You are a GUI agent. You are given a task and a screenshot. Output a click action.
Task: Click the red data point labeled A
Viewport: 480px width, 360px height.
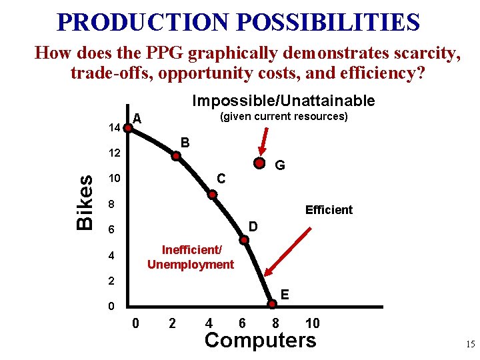tap(127, 126)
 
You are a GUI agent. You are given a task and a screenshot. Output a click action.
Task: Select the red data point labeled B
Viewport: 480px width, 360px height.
tap(177, 157)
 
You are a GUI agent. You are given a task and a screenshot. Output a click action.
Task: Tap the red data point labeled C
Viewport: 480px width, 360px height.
tap(212, 195)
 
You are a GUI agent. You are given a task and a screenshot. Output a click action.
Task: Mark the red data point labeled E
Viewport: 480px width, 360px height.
tap(273, 305)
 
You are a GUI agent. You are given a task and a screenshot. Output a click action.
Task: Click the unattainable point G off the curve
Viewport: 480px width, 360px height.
tap(259, 163)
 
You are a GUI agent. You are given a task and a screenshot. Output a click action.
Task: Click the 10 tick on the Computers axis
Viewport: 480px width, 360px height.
tap(312, 324)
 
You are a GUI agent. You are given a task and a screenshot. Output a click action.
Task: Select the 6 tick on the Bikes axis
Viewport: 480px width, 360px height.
tap(113, 229)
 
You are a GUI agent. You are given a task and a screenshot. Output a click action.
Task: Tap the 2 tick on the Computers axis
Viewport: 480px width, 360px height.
tap(173, 324)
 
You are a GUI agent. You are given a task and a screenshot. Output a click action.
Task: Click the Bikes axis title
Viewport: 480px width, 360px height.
tap(85, 203)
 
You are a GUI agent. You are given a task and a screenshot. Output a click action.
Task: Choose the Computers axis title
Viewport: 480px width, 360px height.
tap(260, 341)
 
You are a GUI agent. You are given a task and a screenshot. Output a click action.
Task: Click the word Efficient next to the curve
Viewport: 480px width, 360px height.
tap(329, 210)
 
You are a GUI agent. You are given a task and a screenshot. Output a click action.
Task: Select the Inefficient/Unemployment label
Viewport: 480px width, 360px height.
tap(191, 257)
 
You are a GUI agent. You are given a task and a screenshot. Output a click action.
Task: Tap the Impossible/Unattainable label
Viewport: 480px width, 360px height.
tap(283, 101)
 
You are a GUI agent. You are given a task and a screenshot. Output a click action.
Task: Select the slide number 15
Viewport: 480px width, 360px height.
tap(469, 345)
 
